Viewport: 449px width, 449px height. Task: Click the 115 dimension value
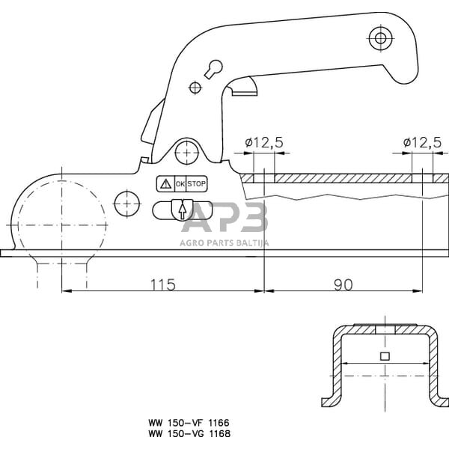162,284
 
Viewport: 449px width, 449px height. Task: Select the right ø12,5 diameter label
421,142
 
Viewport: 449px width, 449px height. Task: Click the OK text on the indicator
180,183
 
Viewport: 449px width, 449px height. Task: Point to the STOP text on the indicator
196,183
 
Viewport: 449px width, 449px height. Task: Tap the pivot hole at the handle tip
381,38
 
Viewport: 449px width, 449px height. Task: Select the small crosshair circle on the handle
195,88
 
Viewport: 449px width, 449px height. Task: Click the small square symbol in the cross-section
385,356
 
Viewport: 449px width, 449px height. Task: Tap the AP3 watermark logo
224,219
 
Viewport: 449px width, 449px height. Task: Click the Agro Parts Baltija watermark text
224,242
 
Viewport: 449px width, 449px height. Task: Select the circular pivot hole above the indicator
184,152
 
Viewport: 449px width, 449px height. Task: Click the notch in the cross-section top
385,328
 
